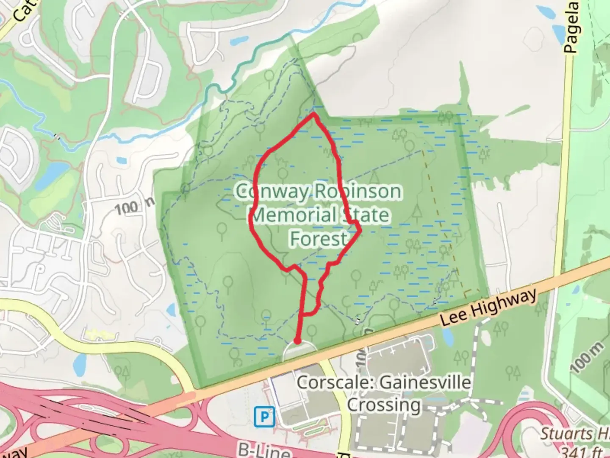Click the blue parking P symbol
tap(264, 417)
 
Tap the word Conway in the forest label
tap(273, 192)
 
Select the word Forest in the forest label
tap(319, 239)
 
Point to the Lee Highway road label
tap(488, 307)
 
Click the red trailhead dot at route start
tap(298, 341)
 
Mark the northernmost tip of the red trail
tap(313, 114)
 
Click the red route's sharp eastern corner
tap(360, 231)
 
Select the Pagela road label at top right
tap(572, 27)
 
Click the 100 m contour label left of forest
tap(134, 206)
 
